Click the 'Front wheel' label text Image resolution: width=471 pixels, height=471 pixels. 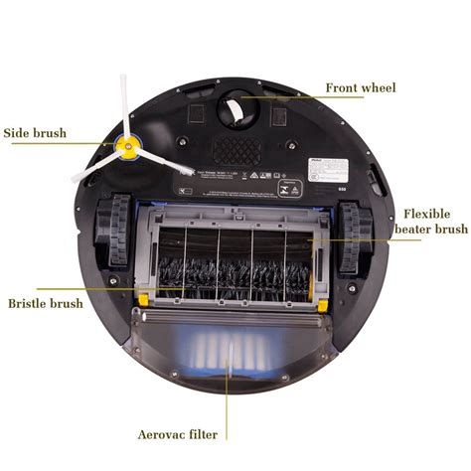click(x=360, y=88)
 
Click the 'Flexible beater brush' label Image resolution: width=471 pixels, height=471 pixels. click(x=430, y=221)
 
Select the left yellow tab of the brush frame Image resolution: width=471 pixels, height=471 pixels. click(x=145, y=298)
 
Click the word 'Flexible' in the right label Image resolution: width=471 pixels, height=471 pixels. click(x=426, y=213)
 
